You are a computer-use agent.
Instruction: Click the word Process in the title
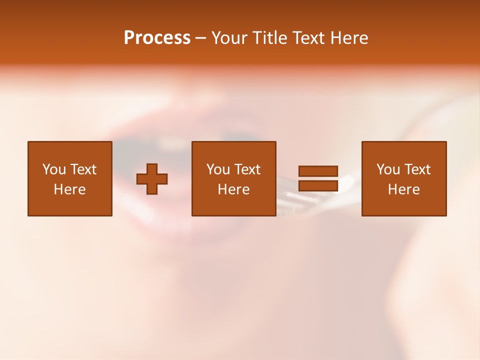click(x=157, y=38)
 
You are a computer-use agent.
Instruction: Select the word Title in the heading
click(x=270, y=38)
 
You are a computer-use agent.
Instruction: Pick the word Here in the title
click(x=349, y=38)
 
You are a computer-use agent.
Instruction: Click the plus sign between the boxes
click(x=152, y=179)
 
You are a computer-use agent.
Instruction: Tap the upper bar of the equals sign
click(x=318, y=171)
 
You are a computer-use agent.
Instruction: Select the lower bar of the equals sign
click(x=318, y=186)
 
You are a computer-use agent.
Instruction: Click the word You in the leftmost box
click(x=54, y=169)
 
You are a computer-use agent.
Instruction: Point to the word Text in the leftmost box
click(x=83, y=169)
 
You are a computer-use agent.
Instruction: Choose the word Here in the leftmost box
click(x=69, y=189)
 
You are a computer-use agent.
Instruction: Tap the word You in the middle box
click(x=218, y=169)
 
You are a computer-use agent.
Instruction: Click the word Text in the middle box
click(x=247, y=169)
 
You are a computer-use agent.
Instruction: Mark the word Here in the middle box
click(x=233, y=189)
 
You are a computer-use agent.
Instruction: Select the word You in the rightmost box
click(x=388, y=169)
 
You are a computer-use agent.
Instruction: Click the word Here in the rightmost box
click(x=403, y=189)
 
